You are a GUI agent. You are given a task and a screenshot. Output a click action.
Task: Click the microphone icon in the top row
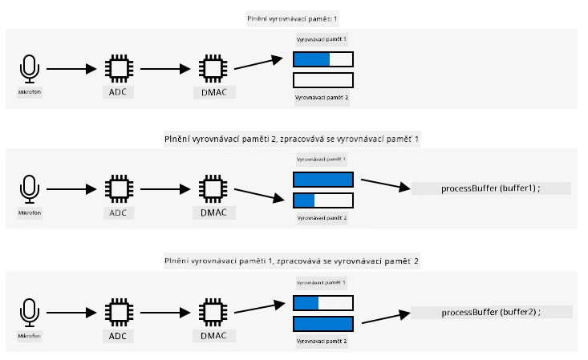29,69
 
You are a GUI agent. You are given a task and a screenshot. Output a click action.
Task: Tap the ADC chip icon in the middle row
120,188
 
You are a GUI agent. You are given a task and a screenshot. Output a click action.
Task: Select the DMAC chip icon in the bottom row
213,312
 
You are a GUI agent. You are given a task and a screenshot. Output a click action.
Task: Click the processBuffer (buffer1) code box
491,188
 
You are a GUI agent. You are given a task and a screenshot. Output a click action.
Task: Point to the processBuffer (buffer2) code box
491,312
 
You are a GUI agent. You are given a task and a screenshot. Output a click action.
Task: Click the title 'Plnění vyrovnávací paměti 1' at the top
292,18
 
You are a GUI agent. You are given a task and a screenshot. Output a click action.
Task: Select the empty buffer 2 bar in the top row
323,80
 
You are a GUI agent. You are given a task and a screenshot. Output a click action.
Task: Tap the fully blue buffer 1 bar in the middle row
323,180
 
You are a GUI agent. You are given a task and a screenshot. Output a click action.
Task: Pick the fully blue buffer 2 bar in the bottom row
323,324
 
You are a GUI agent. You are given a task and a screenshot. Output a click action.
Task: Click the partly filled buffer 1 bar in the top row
323,59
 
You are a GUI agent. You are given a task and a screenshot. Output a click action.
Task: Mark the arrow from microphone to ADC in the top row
71,69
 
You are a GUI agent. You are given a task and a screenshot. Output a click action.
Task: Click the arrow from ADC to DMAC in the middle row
165,189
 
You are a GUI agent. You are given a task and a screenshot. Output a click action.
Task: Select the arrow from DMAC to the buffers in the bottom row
259,308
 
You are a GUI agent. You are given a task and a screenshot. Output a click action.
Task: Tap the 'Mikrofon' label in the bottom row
29,336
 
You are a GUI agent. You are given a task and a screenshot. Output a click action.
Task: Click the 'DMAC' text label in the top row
214,93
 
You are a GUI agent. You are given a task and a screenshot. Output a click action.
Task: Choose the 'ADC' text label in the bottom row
118,337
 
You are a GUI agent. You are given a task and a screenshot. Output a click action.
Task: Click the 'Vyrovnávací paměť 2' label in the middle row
322,218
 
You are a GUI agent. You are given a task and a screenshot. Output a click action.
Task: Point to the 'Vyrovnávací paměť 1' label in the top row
322,39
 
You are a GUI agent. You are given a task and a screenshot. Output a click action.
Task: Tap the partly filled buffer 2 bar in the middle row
323,200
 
